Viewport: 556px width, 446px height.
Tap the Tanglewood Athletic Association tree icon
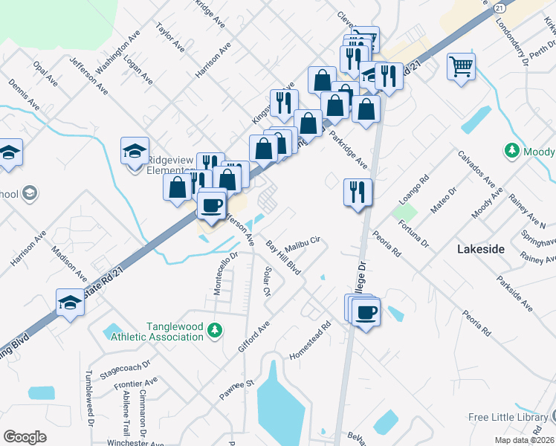coord(215,329)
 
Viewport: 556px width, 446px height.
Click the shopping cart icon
coord(462,67)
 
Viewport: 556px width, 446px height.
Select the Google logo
coord(25,437)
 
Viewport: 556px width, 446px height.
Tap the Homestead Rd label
coord(309,341)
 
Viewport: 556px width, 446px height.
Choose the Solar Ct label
coord(267,281)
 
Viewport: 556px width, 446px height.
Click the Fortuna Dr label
coord(413,231)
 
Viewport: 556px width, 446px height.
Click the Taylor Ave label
coord(170,36)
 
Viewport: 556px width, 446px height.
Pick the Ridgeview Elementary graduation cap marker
coord(135,151)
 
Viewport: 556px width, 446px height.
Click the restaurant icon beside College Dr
coord(358,193)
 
